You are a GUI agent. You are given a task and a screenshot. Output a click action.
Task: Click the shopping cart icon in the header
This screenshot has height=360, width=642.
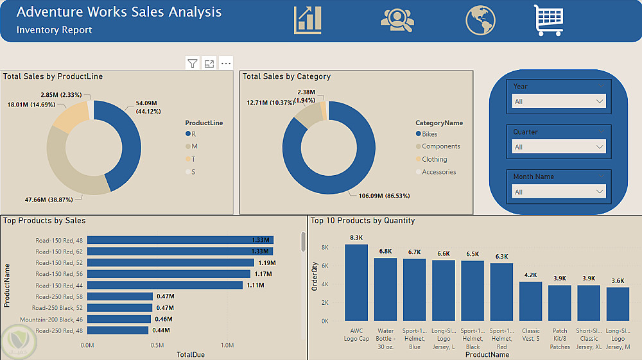tap(548, 20)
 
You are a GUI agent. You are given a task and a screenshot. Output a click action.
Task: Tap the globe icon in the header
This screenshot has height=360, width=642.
tap(480, 20)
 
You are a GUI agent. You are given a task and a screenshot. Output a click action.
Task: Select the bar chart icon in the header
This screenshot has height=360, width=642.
tap(308, 20)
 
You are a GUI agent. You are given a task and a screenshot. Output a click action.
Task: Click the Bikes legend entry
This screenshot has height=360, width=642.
tap(429, 134)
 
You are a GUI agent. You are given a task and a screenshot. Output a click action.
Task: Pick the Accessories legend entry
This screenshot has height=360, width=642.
tap(438, 172)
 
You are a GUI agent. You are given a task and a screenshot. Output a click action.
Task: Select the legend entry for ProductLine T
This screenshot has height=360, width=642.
tap(193, 159)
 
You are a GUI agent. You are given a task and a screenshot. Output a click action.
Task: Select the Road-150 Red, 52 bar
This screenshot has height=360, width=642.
tap(171, 262)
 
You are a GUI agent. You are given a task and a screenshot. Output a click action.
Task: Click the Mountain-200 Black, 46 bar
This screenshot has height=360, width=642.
tap(119, 319)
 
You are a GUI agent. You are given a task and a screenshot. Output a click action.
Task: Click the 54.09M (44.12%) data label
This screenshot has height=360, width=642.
tap(146, 107)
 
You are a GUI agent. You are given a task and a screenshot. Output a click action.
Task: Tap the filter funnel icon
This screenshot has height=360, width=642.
tap(193, 63)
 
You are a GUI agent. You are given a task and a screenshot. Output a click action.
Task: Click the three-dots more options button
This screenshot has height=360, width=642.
tap(225, 63)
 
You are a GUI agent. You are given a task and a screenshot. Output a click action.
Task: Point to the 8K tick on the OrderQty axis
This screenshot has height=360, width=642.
tap(325, 247)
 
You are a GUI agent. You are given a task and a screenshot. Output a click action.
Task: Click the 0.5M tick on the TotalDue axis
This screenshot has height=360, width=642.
tap(157, 345)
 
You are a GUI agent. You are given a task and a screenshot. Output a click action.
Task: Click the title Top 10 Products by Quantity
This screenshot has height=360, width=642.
tap(363, 221)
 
